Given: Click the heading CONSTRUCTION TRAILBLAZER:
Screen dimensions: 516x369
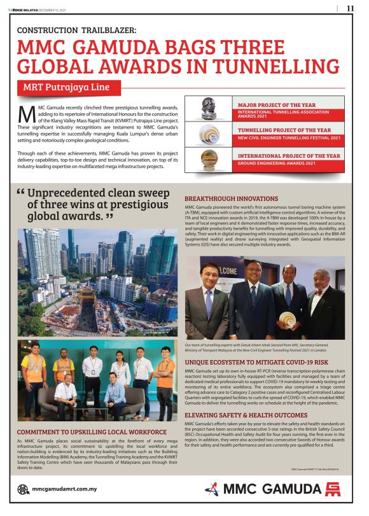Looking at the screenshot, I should (x=77, y=30).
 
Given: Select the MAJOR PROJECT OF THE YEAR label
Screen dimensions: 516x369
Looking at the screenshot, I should (x=276, y=104).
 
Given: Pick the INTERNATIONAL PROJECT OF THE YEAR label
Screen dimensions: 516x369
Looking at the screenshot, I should (x=288, y=155).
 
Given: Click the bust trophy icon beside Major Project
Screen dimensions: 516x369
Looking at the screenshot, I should (x=208, y=108).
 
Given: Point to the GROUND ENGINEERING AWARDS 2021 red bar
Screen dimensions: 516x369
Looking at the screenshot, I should (x=290, y=164).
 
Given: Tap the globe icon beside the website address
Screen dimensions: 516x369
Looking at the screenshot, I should (x=23, y=489).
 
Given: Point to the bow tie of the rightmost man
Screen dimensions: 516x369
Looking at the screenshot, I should (x=317, y=293).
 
